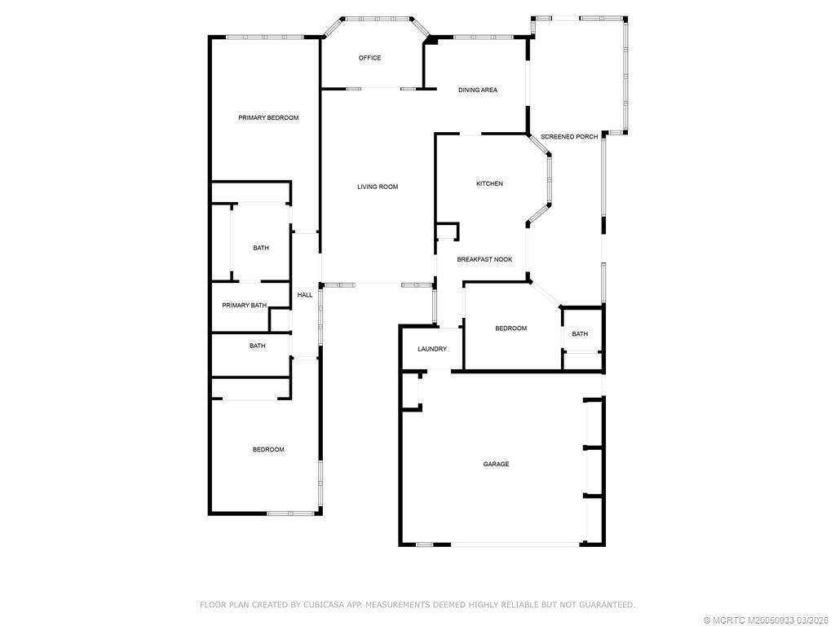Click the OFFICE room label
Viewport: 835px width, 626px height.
tap(369, 58)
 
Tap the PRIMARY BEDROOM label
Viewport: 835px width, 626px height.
tap(268, 117)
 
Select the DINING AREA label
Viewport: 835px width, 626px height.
tap(477, 90)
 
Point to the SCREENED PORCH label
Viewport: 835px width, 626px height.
tap(569, 136)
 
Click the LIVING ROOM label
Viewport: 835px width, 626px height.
tap(378, 187)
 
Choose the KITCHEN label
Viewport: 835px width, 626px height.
tap(489, 183)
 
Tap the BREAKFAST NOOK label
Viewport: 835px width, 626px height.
tap(484, 259)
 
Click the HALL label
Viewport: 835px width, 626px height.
tap(304, 295)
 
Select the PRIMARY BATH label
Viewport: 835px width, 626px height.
tap(245, 306)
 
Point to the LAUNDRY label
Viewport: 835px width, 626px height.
tap(431, 349)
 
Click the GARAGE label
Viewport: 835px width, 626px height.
tap(496, 464)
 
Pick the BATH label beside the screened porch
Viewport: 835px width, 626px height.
tap(580, 333)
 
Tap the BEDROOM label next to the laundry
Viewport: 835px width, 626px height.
tap(510, 328)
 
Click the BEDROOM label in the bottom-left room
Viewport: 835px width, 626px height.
tap(267, 449)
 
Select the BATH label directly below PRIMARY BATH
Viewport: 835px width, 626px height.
tap(257, 346)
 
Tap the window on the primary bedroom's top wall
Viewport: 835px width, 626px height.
tap(264, 37)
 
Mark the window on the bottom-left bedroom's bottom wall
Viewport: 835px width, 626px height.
tap(291, 513)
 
